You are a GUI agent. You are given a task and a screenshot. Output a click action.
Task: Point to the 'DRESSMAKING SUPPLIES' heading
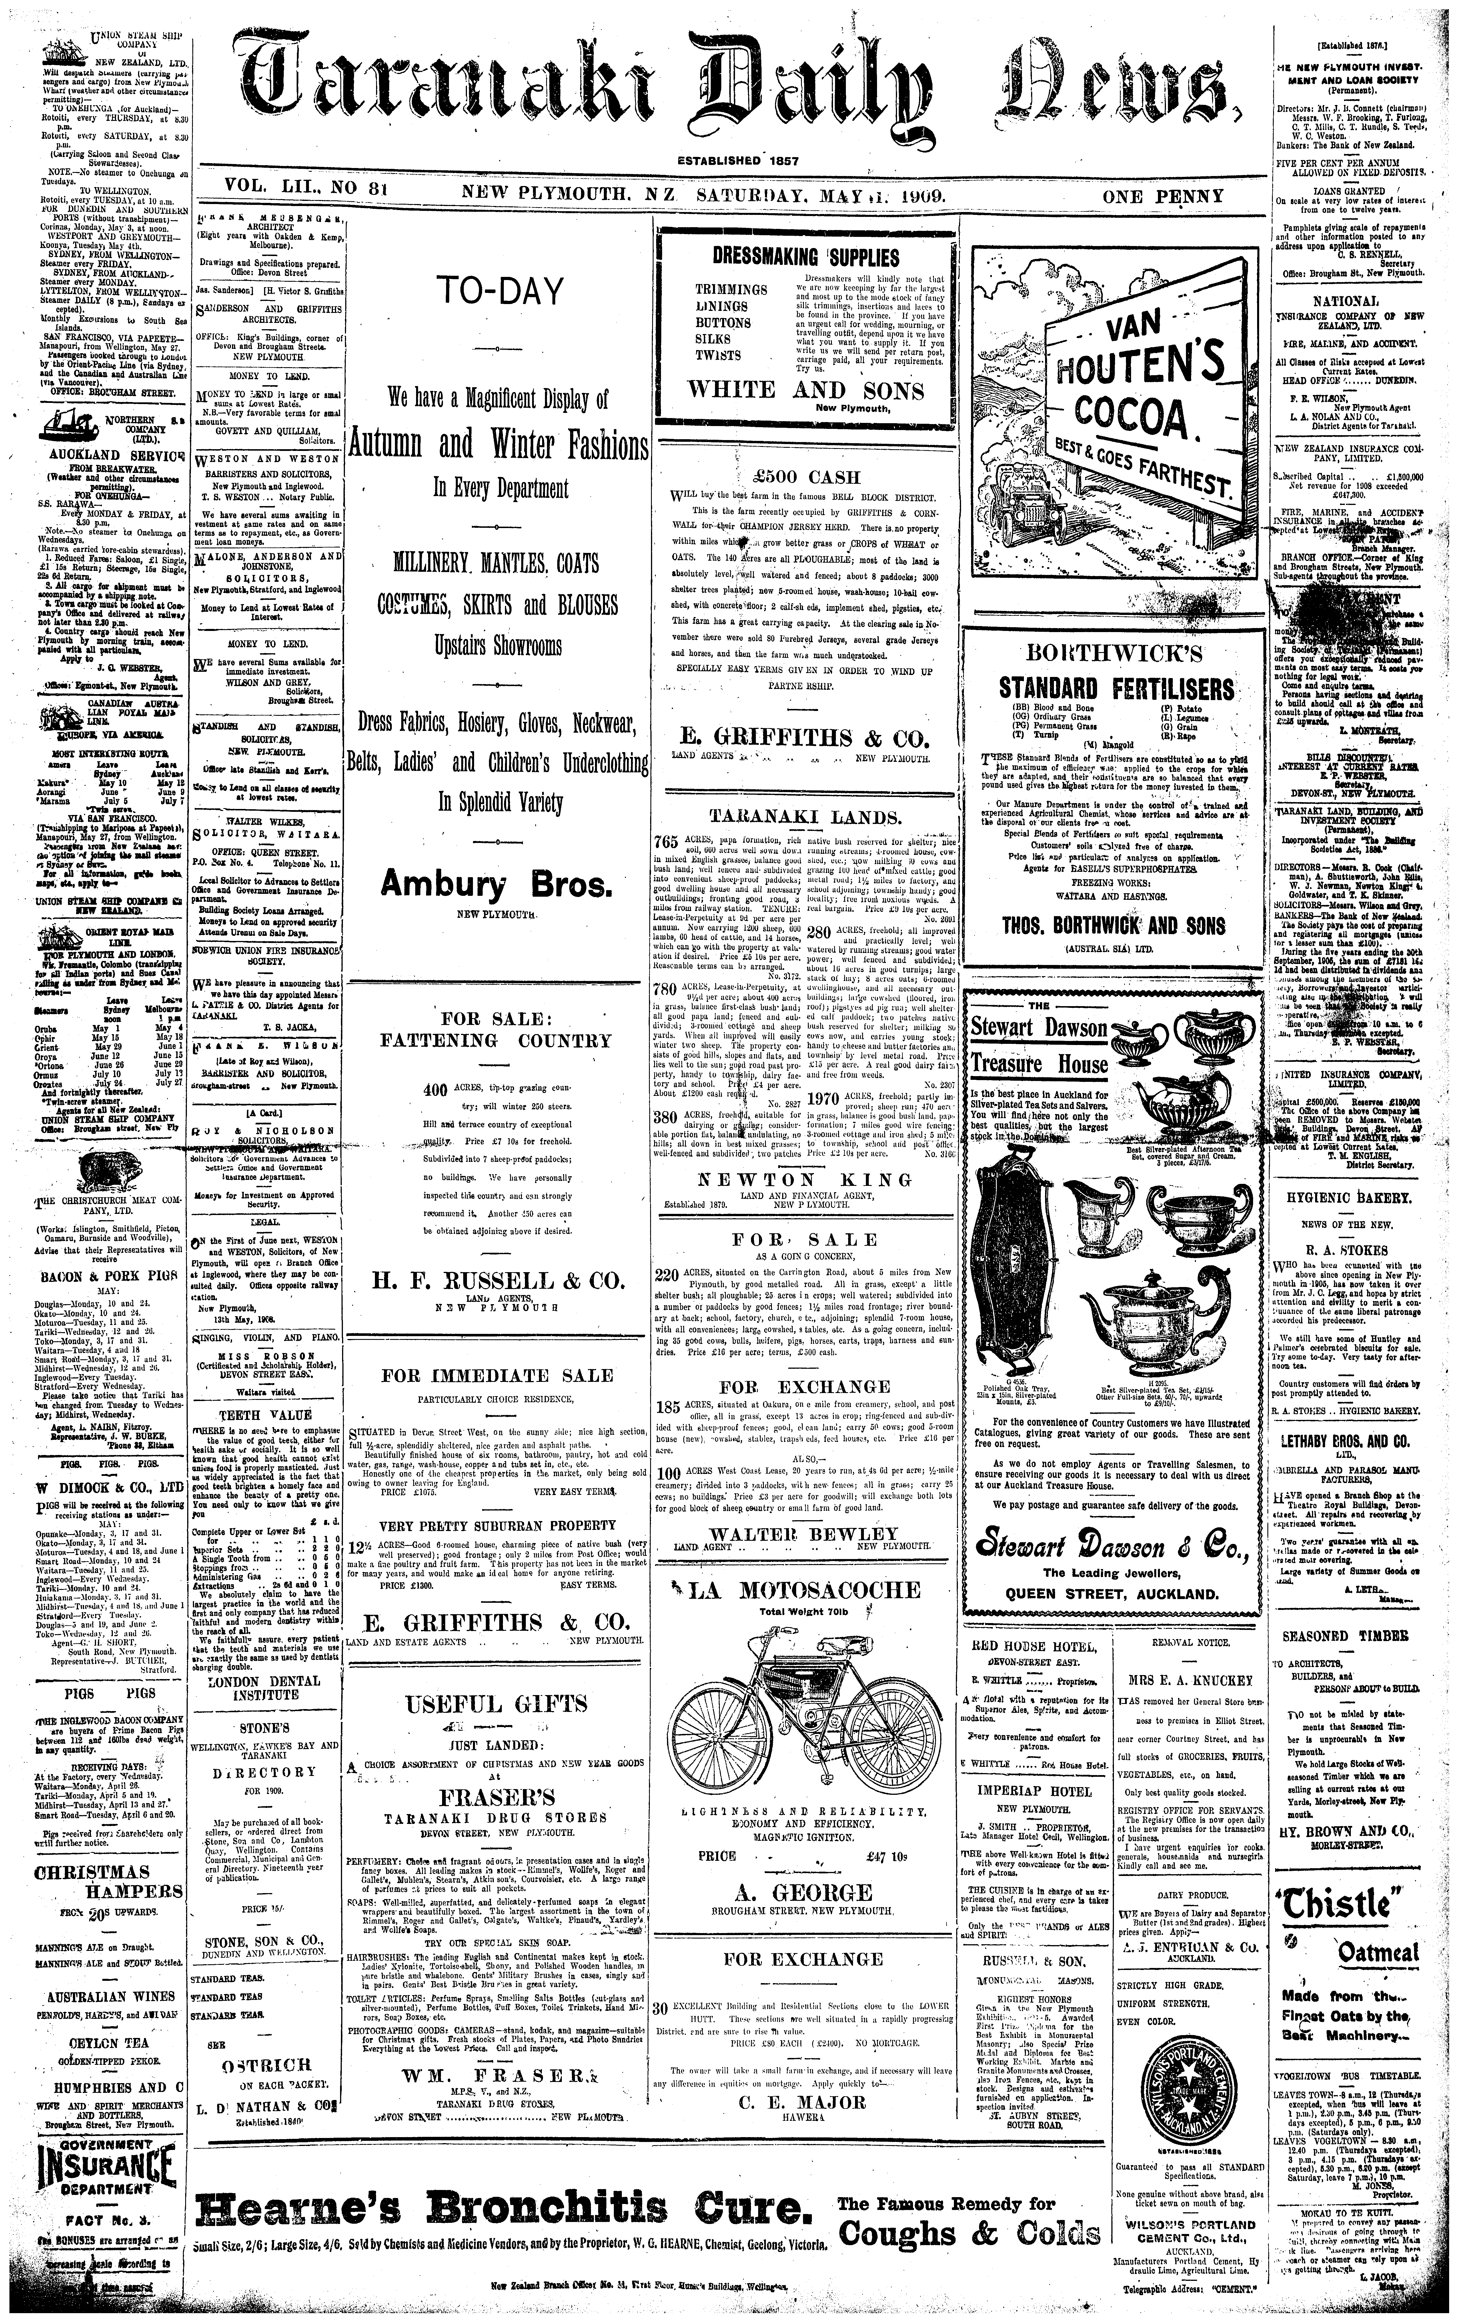tap(805, 257)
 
